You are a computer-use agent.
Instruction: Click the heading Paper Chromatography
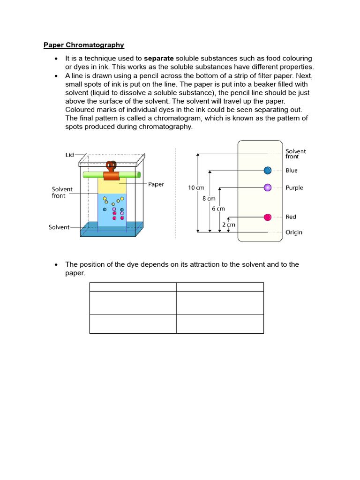84,45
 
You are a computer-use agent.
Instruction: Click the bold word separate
159,59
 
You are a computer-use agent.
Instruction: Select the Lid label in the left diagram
69,155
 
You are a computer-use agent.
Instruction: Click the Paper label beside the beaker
156,184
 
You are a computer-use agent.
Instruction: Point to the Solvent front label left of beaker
62,193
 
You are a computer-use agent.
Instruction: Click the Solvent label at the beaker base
59,227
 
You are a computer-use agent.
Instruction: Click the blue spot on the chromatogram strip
268,170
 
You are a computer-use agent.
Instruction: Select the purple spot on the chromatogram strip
268,187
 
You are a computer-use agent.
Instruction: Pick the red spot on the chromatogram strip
268,217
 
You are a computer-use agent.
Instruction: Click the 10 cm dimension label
196,187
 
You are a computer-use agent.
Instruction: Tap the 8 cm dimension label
208,198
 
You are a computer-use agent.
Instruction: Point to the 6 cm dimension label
218,209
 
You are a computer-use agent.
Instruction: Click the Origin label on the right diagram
294,232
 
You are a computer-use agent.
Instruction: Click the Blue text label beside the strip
292,171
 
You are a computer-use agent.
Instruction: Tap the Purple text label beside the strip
294,188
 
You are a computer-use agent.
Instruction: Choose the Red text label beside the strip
291,217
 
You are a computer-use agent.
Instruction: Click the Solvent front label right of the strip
296,154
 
